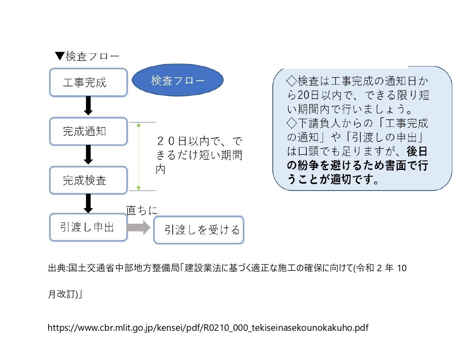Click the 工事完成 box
(88, 82)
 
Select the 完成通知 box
(88, 131)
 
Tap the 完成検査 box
(88, 180)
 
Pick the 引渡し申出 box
(88, 227)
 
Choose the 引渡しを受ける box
(199, 230)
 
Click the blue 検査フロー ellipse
(178, 80)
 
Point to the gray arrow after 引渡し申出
(139, 227)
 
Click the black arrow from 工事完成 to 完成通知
(88, 106)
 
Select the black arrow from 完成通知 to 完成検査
(88, 155)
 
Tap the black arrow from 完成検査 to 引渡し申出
(88, 204)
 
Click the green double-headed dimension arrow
(139, 156)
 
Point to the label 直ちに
(142, 210)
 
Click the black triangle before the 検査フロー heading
(60, 56)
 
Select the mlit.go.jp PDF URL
(208, 328)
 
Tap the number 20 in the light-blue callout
(303, 95)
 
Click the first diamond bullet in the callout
(291, 81)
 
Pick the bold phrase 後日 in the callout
(417, 151)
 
